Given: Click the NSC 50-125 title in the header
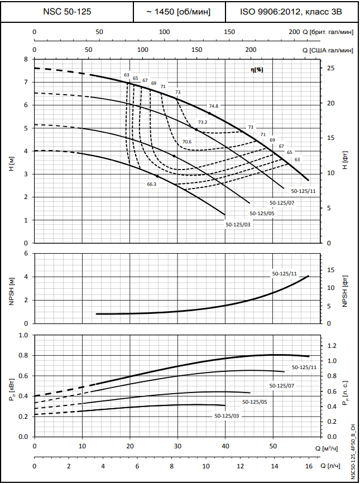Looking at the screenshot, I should point(67,11).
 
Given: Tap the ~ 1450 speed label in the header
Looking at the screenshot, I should point(180,11).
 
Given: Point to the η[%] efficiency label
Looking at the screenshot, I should point(257,69).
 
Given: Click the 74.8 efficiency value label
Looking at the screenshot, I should point(214,106).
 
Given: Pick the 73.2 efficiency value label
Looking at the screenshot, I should point(203,122).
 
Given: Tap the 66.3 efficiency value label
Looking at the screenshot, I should point(152,183).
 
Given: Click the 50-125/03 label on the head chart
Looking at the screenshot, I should point(238,225).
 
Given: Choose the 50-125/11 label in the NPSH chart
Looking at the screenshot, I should point(285,274).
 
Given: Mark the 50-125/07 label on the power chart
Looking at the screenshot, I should point(282,385).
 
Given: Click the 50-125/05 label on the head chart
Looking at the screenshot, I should point(261,213).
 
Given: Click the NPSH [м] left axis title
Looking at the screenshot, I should point(11,289).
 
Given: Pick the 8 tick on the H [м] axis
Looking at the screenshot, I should point(25,59).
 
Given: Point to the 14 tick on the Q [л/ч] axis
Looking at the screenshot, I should point(274,465).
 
